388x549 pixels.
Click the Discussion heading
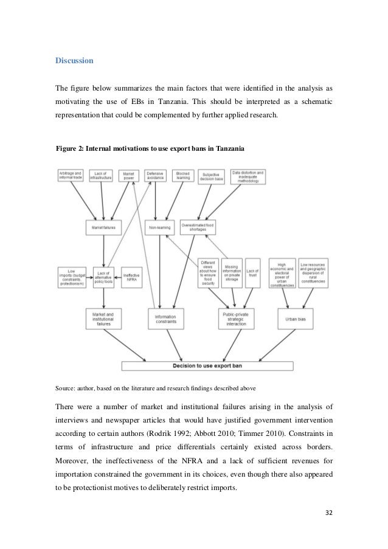74,61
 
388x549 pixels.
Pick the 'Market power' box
128,176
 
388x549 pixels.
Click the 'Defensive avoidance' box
156,176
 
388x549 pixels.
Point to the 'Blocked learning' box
183,176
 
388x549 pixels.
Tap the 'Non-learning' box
161,227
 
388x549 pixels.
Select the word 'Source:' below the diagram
65,387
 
